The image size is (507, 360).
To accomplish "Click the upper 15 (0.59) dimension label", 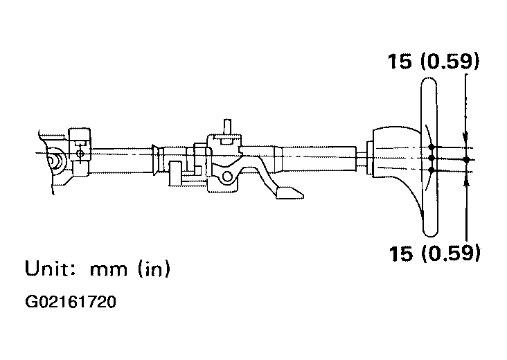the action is tap(433, 61).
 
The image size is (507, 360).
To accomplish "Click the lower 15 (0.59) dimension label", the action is tap(434, 253).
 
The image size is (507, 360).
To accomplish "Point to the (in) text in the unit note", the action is tap(154, 269).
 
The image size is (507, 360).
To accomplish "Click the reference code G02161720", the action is tap(71, 302).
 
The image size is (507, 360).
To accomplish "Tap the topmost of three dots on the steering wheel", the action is tap(432, 147).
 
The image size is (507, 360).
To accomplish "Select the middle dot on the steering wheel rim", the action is tap(432, 158).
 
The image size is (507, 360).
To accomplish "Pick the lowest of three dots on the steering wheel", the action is tap(432, 170).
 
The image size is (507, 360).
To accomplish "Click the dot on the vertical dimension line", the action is tap(466, 159).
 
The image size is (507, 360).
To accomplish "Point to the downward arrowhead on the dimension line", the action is tap(465, 137).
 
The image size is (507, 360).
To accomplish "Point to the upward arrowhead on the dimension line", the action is tap(466, 182).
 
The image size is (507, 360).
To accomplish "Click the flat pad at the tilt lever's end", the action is tap(290, 192).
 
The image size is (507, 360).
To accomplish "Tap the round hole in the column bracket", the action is tap(228, 177).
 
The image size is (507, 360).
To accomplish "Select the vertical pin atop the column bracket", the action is tap(227, 127).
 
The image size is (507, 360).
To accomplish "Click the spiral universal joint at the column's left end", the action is tap(54, 160).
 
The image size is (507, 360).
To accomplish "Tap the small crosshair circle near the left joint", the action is tap(80, 154).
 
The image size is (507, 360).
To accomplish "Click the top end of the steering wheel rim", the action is tap(429, 78).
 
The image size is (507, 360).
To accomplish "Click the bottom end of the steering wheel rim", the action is tap(431, 235).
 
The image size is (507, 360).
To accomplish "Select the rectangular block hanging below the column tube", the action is tap(175, 174).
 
